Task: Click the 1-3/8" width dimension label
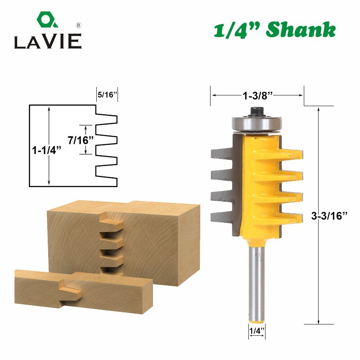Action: click(x=257, y=95)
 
